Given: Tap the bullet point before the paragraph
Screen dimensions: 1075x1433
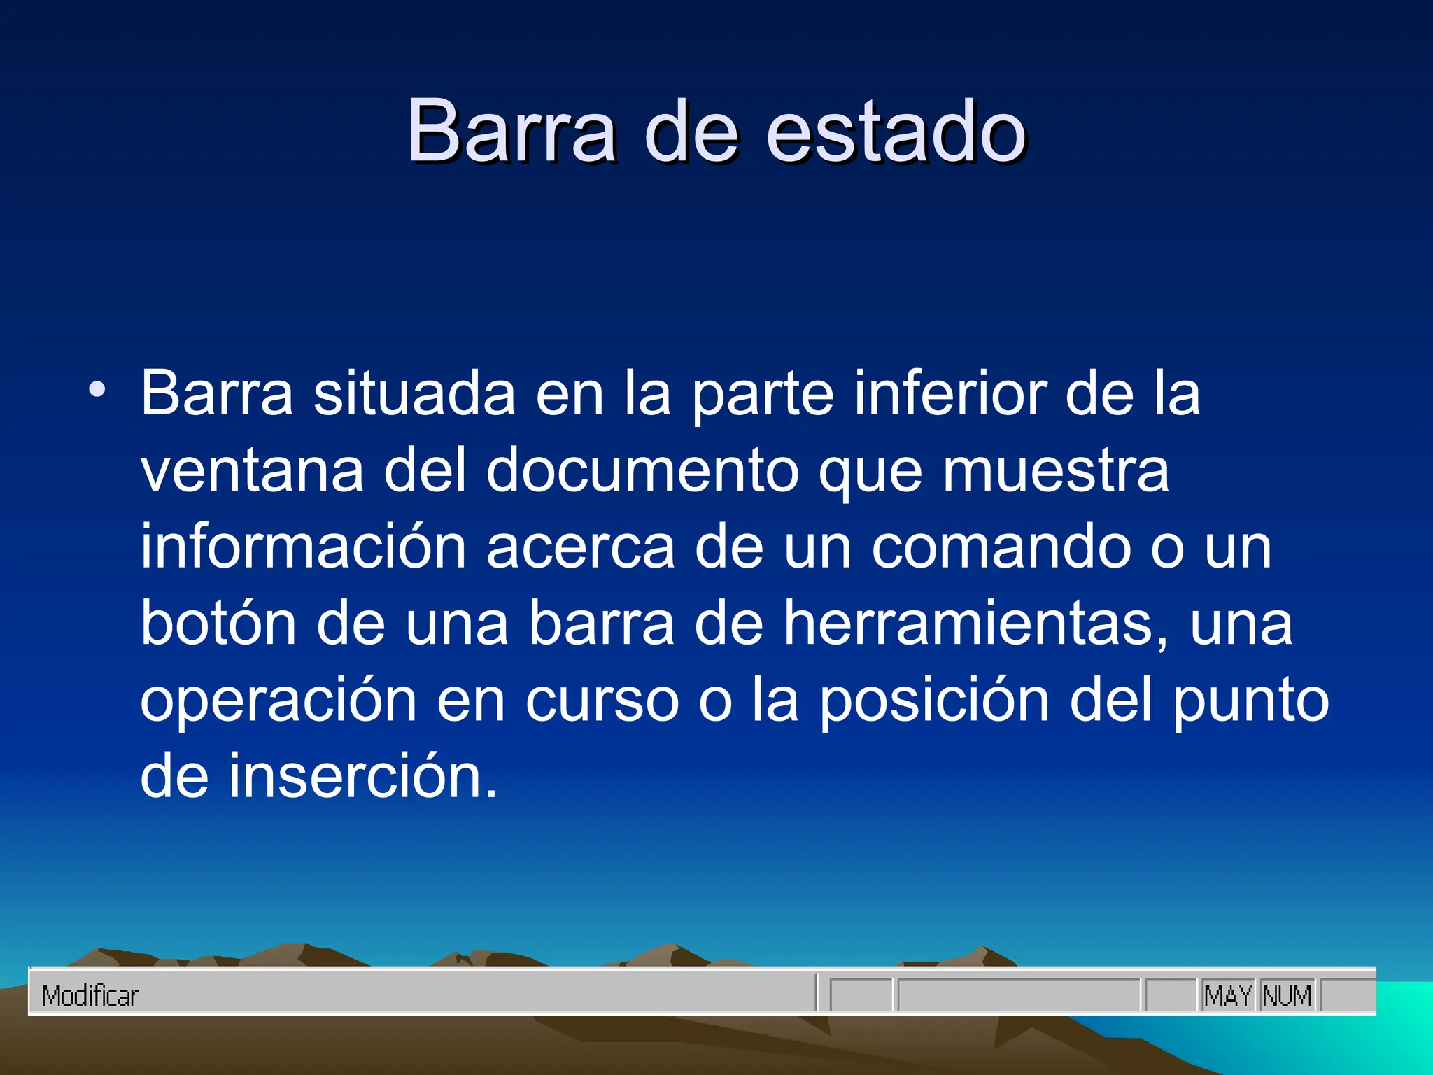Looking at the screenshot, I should click(97, 389).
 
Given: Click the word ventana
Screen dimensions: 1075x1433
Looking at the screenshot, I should click(252, 470).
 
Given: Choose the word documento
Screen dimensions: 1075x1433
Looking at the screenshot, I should click(642, 470).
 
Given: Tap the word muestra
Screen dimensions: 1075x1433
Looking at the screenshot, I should click(1056, 470).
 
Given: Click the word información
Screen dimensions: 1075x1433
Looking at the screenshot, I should click(303, 547).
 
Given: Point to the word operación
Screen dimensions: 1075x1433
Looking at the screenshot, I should click(278, 701).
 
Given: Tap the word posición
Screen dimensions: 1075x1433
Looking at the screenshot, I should click(934, 701).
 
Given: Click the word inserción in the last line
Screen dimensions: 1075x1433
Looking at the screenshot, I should click(363, 777).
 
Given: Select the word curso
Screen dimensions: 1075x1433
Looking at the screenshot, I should click(602, 701).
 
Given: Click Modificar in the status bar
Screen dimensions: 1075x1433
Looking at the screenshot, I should click(90, 996).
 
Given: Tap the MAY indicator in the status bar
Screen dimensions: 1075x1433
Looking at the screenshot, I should click(1228, 996).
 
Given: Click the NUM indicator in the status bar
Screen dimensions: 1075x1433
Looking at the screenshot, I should click(1287, 996).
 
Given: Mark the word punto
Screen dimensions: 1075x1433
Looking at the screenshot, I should click(1250, 701).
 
